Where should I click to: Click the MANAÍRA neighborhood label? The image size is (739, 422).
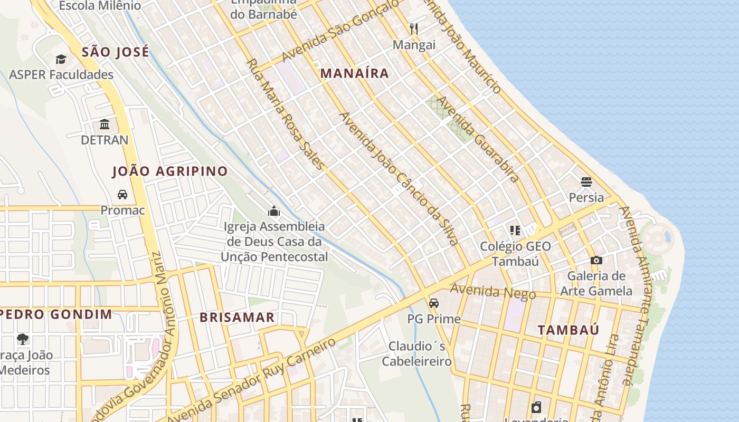coord(355,73)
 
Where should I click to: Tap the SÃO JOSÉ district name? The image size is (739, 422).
coord(116,52)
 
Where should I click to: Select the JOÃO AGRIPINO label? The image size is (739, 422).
coord(170,171)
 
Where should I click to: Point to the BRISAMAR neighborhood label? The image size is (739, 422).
coord(237,317)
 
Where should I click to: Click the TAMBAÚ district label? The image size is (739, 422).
coord(569,330)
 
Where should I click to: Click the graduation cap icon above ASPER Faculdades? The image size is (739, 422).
coord(61,59)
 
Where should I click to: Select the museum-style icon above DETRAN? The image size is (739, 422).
coord(105,124)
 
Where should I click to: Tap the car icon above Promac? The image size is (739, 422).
coord(122,195)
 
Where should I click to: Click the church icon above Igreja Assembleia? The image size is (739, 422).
coord(273,212)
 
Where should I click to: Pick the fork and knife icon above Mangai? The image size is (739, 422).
coord(414,29)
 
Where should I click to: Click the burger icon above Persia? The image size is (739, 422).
coord(586,182)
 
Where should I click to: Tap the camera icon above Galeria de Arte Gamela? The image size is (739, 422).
coord(596,260)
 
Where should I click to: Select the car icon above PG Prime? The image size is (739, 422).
coord(433,303)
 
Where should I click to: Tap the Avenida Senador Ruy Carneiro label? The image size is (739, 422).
coord(253,379)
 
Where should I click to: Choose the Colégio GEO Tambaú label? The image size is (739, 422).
coord(515,254)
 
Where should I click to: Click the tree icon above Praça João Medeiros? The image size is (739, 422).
coord(22,339)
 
